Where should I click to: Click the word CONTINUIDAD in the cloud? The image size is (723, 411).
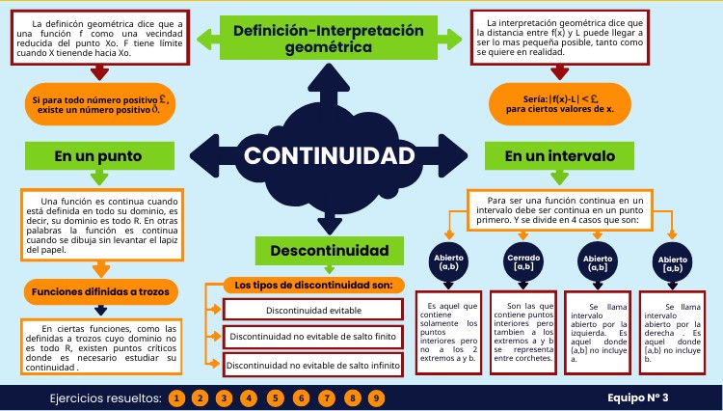point(330,155)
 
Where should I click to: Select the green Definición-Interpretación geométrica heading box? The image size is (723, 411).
point(329,38)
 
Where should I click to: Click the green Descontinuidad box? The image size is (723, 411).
point(329,251)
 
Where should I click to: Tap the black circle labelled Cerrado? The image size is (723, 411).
point(524,262)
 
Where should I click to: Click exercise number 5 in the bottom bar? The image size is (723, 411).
point(275,397)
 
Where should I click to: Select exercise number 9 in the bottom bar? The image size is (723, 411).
point(375,397)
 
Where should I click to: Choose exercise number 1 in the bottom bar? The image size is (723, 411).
point(175,397)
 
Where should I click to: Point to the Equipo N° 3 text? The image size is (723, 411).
point(637,397)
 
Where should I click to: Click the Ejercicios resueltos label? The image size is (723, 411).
point(105,397)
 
